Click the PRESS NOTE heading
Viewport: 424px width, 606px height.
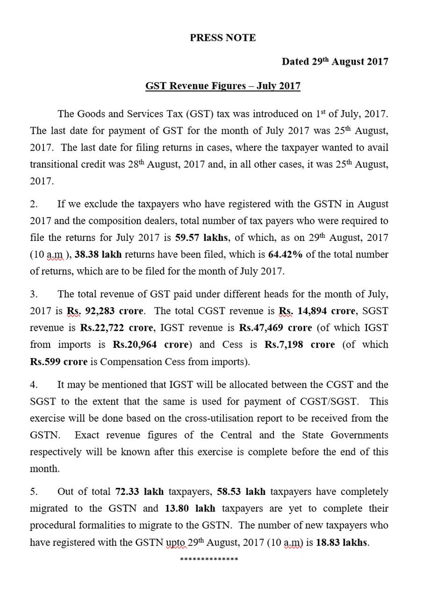click(x=223, y=38)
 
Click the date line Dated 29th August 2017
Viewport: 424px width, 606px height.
click(x=335, y=62)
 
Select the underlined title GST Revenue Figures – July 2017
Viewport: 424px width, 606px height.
click(x=220, y=86)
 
